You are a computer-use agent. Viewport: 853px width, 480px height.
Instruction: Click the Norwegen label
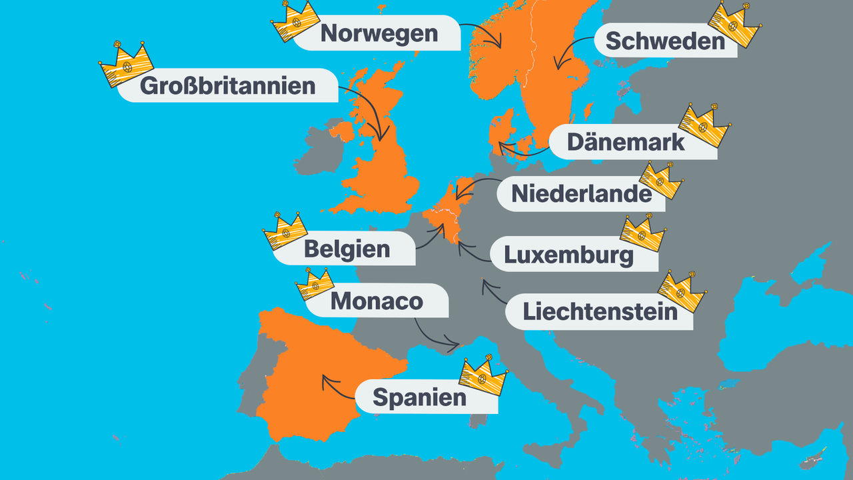tap(379, 33)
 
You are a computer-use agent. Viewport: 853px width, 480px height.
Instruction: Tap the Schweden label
tap(665, 41)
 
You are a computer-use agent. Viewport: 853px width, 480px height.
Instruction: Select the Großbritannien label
tap(227, 85)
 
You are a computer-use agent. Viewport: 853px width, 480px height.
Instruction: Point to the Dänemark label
tap(625, 142)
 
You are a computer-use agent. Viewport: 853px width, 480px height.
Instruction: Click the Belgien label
tap(347, 249)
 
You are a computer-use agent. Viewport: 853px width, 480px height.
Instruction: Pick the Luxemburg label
tap(568, 255)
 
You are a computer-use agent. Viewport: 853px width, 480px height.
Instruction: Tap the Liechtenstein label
tap(600, 311)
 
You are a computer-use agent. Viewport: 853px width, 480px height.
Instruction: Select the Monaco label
tap(377, 301)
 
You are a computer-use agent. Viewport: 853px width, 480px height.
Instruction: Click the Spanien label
tap(419, 397)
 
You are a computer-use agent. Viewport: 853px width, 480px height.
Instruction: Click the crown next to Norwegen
tap(295, 21)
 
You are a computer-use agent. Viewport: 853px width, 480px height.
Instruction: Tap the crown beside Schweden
tap(734, 25)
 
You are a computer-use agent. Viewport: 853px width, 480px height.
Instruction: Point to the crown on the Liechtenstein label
tap(682, 291)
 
